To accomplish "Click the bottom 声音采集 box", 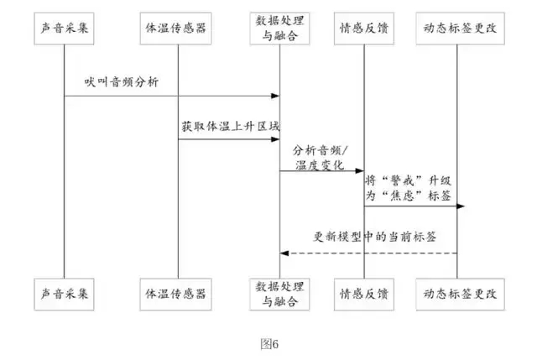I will click(64, 293).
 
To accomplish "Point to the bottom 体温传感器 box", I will click(178, 293).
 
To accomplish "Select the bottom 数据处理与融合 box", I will click(279, 293).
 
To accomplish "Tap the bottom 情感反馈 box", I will click(363, 293).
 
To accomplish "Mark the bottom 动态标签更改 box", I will click(457, 293).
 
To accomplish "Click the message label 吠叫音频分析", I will click(120, 82).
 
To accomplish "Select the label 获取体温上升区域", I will click(230, 127).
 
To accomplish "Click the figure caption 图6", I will click(268, 343).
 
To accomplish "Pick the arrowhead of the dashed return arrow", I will click(284, 253).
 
